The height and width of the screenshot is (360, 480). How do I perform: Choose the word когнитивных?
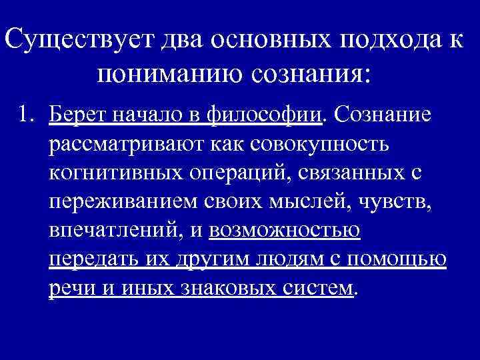coord(115,173)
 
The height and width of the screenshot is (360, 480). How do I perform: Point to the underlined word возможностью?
coord(285,231)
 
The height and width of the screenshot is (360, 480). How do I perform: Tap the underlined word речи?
coord(70,288)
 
